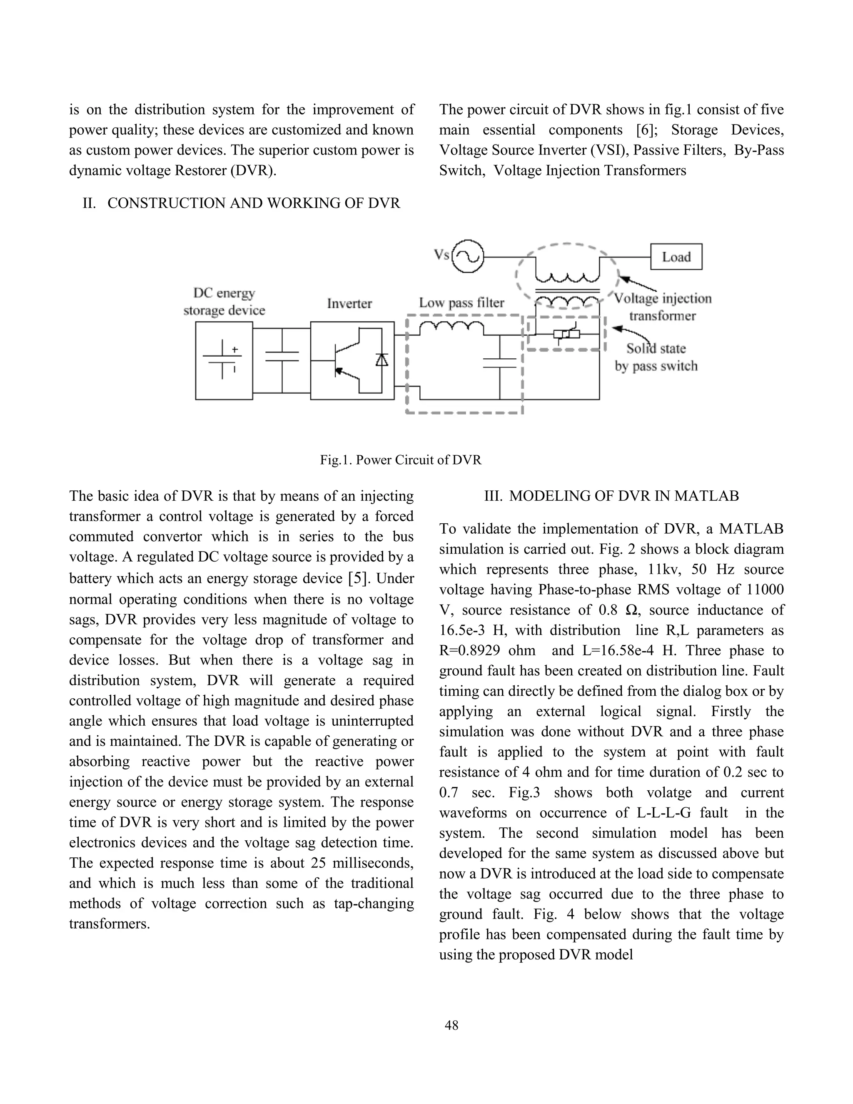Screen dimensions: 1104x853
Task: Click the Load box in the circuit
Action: (x=676, y=257)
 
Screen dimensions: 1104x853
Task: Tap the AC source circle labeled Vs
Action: (x=467, y=256)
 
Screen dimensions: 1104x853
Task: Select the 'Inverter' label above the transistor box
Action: (x=349, y=303)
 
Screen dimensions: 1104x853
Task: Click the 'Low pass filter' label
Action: (x=461, y=303)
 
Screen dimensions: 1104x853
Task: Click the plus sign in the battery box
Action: (x=234, y=349)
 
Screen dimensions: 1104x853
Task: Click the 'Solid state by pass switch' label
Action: (x=656, y=357)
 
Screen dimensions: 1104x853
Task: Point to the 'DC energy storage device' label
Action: (x=224, y=302)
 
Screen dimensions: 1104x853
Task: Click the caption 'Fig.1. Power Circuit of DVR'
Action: (x=401, y=460)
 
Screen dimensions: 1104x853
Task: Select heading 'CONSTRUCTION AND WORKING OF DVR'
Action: (x=254, y=203)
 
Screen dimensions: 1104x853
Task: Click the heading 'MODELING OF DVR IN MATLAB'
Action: (x=624, y=496)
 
